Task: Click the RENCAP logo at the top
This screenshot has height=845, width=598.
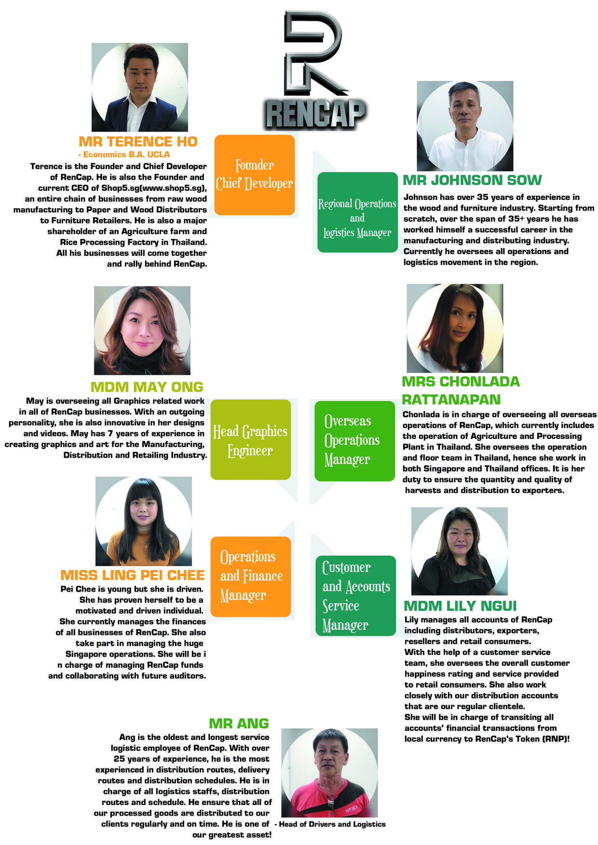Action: tap(314, 70)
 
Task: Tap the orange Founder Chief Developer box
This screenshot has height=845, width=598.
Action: tap(255, 174)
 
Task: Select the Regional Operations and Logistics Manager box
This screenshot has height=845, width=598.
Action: tap(357, 212)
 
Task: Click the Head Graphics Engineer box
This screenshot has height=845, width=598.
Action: tap(251, 439)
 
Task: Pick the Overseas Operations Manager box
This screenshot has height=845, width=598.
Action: tap(354, 441)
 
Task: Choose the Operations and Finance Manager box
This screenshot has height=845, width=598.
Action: tap(251, 577)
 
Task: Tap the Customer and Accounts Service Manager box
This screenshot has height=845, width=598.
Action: tap(355, 596)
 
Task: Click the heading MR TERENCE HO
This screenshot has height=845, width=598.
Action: tap(138, 142)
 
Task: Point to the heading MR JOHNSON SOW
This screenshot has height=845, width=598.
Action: tap(472, 180)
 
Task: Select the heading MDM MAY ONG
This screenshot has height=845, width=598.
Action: tap(147, 387)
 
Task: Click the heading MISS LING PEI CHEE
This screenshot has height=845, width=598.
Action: tap(133, 575)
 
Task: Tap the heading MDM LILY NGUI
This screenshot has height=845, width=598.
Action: tap(460, 606)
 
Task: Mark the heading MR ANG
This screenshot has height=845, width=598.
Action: tap(239, 723)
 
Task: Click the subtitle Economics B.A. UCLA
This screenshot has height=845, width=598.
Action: tap(124, 155)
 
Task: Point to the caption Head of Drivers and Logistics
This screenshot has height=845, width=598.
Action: tap(330, 824)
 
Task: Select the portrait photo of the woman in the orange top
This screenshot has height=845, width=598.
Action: tap(144, 521)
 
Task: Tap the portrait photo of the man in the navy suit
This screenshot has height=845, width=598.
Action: tap(140, 87)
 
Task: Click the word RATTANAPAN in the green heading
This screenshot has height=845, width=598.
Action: tap(451, 399)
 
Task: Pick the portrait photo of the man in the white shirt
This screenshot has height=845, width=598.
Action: tap(465, 126)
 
